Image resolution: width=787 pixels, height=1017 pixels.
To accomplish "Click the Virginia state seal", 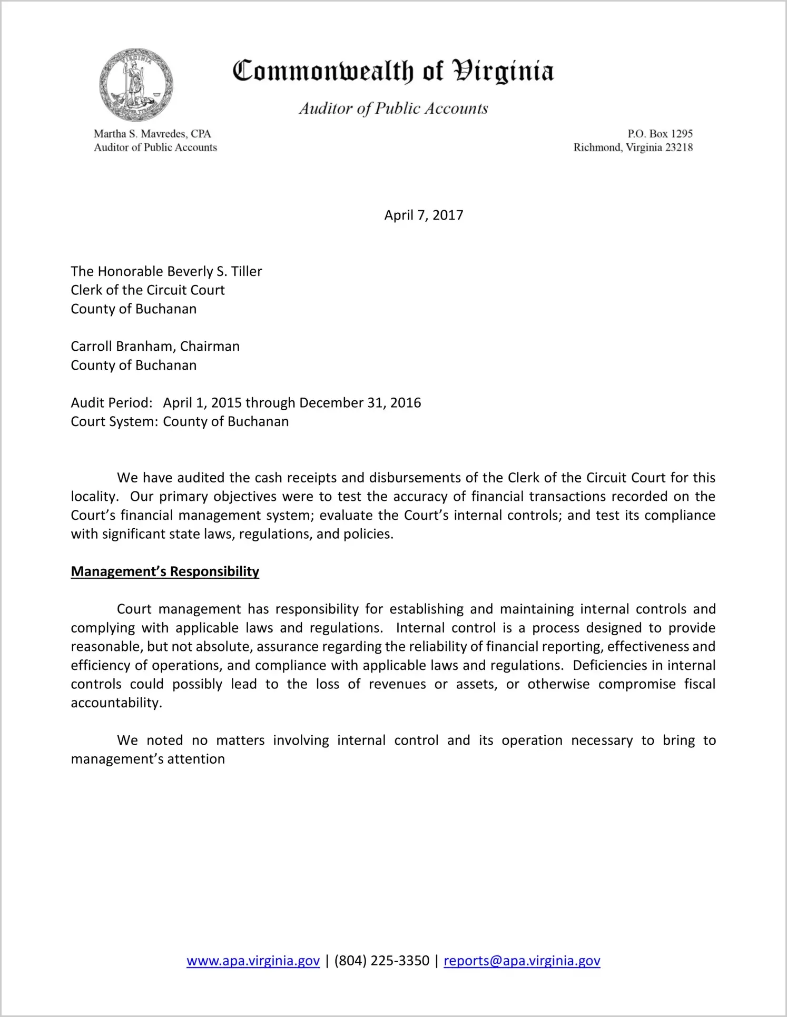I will pyautogui.click(x=136, y=85).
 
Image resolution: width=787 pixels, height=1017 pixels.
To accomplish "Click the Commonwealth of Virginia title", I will pyautogui.click(x=393, y=71).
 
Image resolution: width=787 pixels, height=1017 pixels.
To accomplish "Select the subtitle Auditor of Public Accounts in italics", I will pyautogui.click(x=393, y=108).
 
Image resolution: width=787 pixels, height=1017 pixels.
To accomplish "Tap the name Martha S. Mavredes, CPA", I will pyautogui.click(x=152, y=134).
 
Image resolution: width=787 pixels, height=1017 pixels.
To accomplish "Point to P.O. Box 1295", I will pyautogui.click(x=660, y=134).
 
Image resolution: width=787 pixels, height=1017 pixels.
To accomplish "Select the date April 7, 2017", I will pyautogui.click(x=424, y=215).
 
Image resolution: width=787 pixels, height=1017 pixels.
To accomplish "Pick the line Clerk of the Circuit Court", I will pyautogui.click(x=147, y=290).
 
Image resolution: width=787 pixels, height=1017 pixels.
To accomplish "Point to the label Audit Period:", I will pyautogui.click(x=112, y=403).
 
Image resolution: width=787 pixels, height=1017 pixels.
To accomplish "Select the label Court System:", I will pyautogui.click(x=114, y=422).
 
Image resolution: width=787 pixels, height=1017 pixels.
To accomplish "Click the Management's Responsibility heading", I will pyautogui.click(x=165, y=571).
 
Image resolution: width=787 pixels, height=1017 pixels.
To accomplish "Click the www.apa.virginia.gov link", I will pyautogui.click(x=253, y=961).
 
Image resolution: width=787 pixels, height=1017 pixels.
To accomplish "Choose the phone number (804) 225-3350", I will pyautogui.click(x=381, y=961).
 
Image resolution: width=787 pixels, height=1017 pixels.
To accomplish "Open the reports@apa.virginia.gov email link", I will pyautogui.click(x=522, y=961).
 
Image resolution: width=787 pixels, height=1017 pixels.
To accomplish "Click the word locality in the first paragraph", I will pyautogui.click(x=93, y=497).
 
